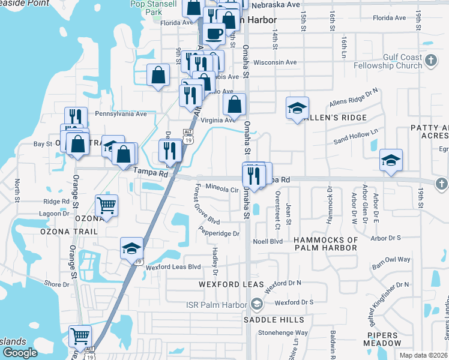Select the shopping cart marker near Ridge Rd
(106, 206)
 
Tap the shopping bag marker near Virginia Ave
(235, 104)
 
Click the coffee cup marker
(214, 34)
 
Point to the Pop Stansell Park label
(154, 8)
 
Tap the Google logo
(20, 353)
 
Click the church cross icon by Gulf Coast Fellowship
(431, 61)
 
